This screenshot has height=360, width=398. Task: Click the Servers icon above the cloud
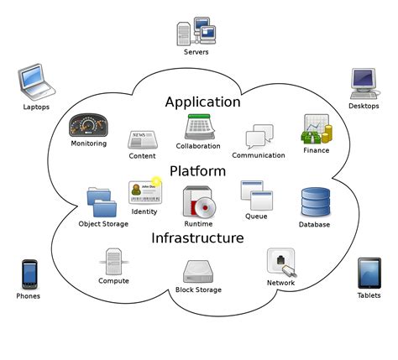[x=196, y=32]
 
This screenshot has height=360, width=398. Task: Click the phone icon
[x=29, y=274]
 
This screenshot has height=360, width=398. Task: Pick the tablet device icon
[x=369, y=273]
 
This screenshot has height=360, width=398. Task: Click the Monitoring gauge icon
[x=88, y=125]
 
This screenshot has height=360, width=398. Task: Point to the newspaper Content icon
[x=142, y=139]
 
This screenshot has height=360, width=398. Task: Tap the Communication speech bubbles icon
[x=259, y=138]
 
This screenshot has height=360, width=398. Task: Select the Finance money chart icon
[x=316, y=129]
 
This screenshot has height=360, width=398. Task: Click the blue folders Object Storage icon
[x=102, y=202]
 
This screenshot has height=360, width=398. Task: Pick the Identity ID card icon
[x=144, y=192]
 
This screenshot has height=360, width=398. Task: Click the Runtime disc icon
[x=199, y=202]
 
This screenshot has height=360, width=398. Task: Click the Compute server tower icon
[x=114, y=261]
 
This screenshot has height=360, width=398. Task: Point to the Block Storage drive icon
[x=198, y=271]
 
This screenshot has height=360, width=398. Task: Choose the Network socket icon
[x=280, y=262]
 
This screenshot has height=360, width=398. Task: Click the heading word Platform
[x=197, y=171]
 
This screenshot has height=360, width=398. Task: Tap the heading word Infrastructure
[x=197, y=238]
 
